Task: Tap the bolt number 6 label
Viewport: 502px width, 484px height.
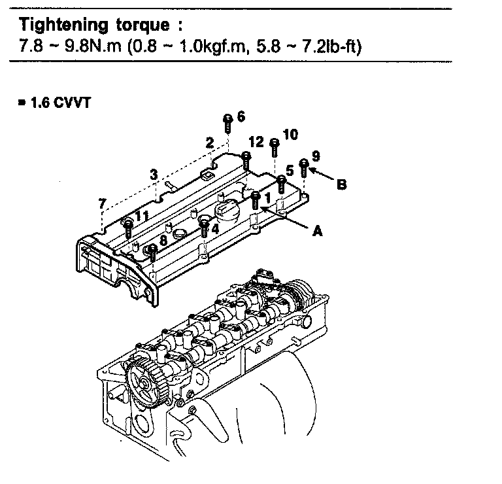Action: [241, 116]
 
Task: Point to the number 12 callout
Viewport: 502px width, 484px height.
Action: [257, 142]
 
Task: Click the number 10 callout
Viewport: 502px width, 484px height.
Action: [290, 134]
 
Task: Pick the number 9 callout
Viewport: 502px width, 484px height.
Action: [316, 155]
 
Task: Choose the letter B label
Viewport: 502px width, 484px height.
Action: [341, 184]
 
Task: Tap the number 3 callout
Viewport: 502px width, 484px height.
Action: [154, 175]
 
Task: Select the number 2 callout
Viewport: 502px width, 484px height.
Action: [209, 142]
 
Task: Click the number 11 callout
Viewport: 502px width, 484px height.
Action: [142, 216]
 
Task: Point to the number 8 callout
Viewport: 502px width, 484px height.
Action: [163, 239]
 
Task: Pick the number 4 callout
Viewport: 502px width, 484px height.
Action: [215, 230]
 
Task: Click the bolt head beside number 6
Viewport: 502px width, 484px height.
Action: [227, 119]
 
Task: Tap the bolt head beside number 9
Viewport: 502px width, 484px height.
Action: [303, 162]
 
